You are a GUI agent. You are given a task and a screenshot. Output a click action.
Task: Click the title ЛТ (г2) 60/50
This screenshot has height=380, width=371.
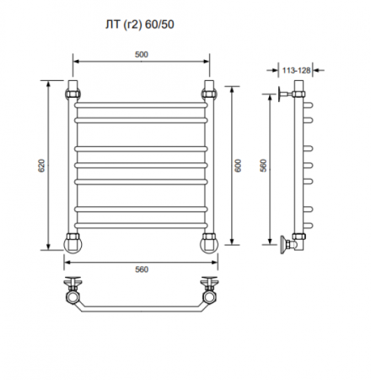point(140,24)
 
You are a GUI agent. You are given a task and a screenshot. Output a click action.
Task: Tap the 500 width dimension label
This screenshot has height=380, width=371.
point(142,55)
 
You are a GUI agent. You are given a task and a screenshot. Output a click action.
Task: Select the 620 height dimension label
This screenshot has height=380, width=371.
point(41,166)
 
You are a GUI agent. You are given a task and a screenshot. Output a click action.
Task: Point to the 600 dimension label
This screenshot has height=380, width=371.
point(238,166)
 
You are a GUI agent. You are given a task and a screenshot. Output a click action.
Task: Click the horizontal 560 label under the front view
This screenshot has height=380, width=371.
point(142,269)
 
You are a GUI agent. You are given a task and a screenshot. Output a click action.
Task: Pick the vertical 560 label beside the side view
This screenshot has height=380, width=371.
point(263,166)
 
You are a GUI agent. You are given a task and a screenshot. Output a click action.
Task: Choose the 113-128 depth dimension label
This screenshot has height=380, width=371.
point(296,70)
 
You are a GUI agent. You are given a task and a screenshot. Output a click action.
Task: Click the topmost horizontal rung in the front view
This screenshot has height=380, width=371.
point(141,106)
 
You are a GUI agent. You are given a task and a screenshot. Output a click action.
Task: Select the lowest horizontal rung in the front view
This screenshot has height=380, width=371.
point(141,225)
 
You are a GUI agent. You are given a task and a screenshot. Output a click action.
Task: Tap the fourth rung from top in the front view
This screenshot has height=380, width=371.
point(141,166)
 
